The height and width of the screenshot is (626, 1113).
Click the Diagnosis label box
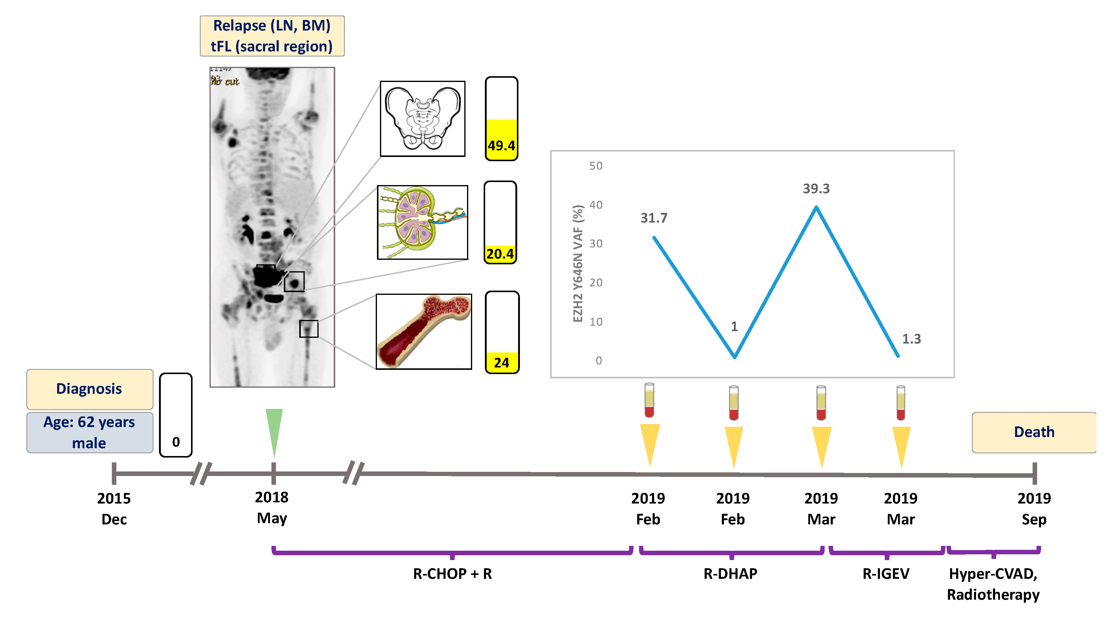coord(89,389)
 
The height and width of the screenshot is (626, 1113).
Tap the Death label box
coord(1033,432)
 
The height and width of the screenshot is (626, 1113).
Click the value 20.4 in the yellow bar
coord(500,254)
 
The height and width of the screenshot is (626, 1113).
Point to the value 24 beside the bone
coord(501,362)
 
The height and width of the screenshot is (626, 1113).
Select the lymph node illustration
coord(422,222)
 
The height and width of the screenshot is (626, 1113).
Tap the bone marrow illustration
coord(423,331)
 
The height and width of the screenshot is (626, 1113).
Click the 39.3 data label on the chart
coord(816,188)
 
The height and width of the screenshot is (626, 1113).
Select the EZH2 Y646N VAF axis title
coord(578,263)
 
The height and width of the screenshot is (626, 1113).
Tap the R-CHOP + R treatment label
coord(452,574)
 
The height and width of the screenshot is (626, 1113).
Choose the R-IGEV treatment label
coord(886,574)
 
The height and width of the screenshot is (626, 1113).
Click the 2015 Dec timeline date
coord(114,508)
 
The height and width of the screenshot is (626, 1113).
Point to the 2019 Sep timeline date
coord(1033,508)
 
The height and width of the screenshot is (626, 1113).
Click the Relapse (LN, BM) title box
coord(272,36)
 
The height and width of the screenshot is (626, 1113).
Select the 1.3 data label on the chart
coord(911,339)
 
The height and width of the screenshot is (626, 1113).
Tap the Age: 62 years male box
coord(89,432)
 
